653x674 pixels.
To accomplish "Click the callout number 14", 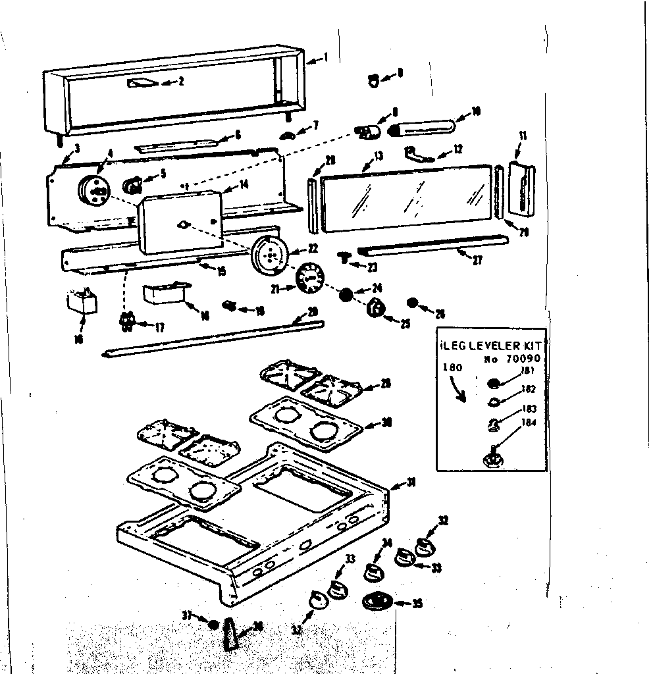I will tap(244, 186).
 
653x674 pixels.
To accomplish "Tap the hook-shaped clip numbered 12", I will tap(419, 153).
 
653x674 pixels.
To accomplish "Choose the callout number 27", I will tap(477, 261).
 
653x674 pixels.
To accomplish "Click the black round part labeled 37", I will tap(213, 623).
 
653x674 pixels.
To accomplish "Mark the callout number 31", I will tap(411, 482).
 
